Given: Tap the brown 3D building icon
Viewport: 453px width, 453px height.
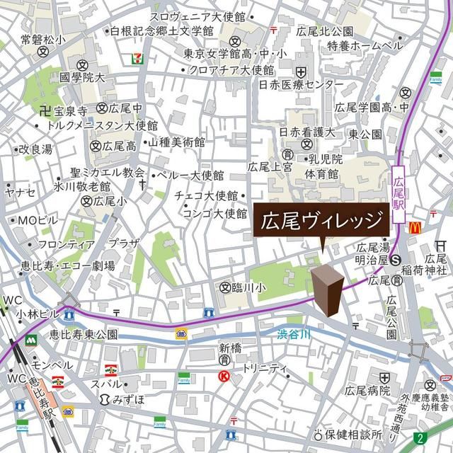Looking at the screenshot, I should [x=328, y=289].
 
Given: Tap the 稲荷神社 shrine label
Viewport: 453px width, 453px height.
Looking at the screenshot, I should [x=426, y=270].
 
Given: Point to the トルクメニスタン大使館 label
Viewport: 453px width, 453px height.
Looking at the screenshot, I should [x=102, y=125].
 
